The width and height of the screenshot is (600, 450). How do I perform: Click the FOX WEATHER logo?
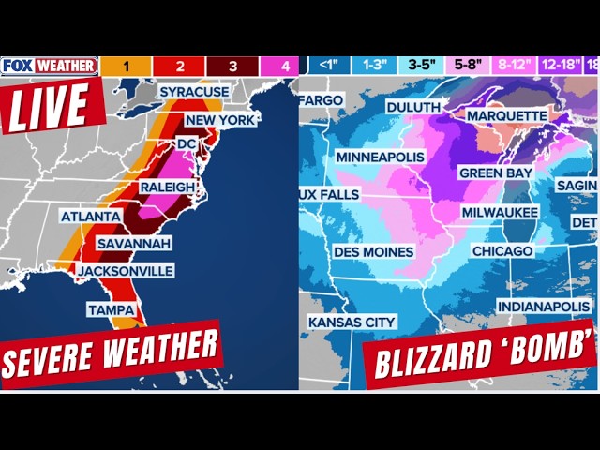pos(49,66)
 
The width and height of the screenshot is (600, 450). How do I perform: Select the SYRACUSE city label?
pos(194,92)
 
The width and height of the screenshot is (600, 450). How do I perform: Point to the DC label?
pos(187,143)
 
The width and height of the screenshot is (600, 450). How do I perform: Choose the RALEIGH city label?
pos(168,187)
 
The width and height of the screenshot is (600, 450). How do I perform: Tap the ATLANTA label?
pos(91,217)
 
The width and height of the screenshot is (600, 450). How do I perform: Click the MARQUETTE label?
pos(506,115)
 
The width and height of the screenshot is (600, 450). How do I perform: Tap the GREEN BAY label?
pos(496,173)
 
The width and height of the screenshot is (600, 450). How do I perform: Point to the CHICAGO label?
pos(502,251)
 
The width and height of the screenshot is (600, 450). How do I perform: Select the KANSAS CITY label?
pos(352,322)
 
